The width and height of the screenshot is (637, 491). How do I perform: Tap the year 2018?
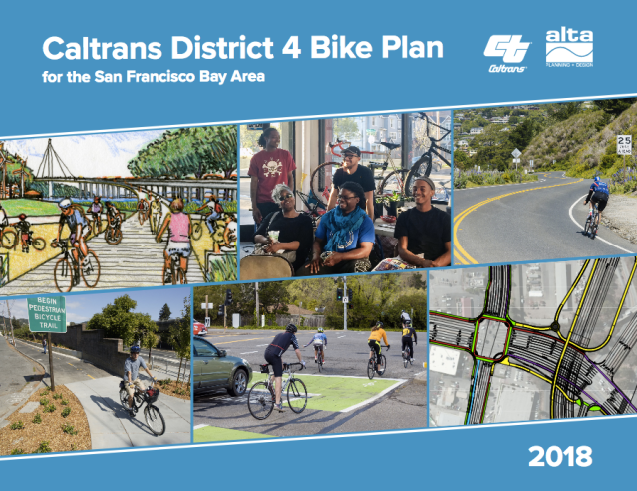click(x=560, y=458)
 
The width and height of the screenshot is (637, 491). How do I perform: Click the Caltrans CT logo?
click(x=506, y=49)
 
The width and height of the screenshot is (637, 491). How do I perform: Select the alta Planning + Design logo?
click(x=569, y=47)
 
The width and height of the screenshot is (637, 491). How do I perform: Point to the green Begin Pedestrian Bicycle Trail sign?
click(x=46, y=313)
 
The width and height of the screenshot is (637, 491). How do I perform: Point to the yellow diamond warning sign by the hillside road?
click(x=516, y=153)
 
